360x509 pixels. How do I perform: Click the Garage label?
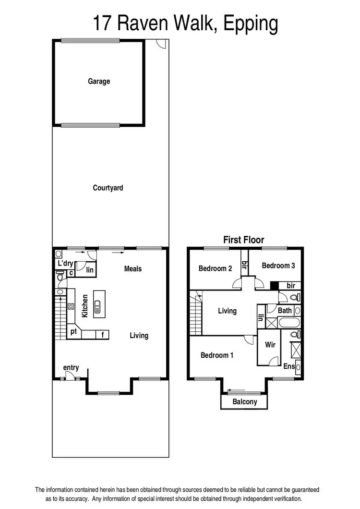coord(98,82)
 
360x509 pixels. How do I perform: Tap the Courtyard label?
coord(108,188)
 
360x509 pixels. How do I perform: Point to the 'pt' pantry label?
coord(74,332)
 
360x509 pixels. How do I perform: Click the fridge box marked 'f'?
coord(103,335)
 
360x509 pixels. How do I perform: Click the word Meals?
coord(133,269)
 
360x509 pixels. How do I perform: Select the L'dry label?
coord(65,264)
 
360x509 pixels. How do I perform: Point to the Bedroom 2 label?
coord(215,268)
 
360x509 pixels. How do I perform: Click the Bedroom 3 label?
coord(278,266)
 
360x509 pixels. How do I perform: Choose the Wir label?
coord(270,345)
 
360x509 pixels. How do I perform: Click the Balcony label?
coord(244,402)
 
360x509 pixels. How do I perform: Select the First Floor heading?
coord(244,240)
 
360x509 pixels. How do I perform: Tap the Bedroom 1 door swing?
coord(249,340)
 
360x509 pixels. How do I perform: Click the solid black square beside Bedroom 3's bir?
coord(274,285)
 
